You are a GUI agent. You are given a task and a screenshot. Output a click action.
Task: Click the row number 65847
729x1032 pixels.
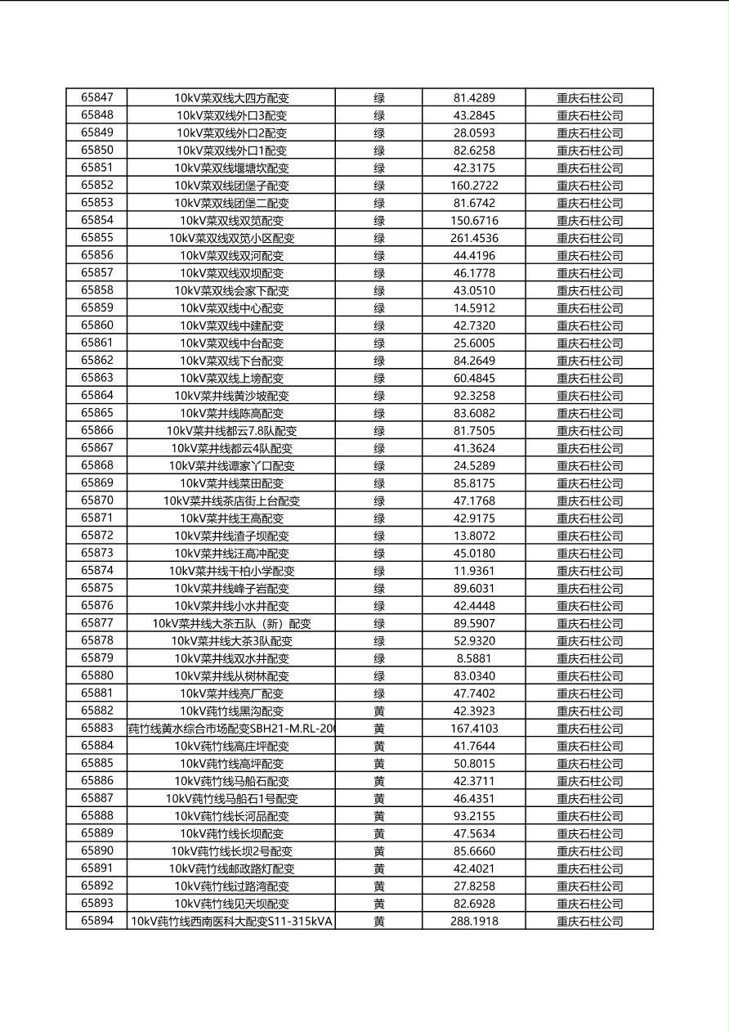coord(97,97)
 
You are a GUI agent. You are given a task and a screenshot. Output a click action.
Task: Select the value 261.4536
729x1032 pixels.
coord(474,238)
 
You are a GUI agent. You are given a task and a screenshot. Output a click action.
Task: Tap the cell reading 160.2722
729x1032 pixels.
coord(474,186)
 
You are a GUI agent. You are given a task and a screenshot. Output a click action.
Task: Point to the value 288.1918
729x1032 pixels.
coord(474,921)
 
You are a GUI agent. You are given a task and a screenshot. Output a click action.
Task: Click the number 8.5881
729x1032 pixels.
coord(474,658)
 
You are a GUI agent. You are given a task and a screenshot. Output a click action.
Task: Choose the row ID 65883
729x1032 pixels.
coord(97,728)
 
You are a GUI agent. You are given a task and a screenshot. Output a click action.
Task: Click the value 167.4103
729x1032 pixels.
coord(474,728)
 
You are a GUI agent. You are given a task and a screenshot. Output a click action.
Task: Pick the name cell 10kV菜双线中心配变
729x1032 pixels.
coord(231,308)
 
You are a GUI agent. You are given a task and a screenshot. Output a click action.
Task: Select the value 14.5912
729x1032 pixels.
coord(474,308)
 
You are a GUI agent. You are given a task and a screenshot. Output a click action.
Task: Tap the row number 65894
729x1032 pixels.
coord(97,921)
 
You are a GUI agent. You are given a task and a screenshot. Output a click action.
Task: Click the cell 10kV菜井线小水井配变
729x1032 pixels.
coord(231,606)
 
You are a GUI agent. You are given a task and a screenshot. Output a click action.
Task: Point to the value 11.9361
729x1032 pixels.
coord(474,571)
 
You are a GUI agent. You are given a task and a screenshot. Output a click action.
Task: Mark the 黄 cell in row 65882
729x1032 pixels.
coord(379,711)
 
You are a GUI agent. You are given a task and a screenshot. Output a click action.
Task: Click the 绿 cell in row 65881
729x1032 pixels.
coord(379,693)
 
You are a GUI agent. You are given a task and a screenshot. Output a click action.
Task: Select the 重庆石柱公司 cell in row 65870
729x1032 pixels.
coord(589,500)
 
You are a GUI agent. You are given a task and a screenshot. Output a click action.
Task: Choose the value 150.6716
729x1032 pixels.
coord(474,221)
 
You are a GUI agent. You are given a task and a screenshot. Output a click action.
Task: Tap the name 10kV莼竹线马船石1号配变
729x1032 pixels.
coord(231,798)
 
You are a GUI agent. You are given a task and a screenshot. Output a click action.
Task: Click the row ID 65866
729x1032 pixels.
coord(97,430)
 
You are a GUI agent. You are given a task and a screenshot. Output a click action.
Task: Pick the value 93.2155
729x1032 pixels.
coord(474,816)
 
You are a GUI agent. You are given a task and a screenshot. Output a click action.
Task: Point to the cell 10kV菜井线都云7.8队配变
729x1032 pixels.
coord(231,430)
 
